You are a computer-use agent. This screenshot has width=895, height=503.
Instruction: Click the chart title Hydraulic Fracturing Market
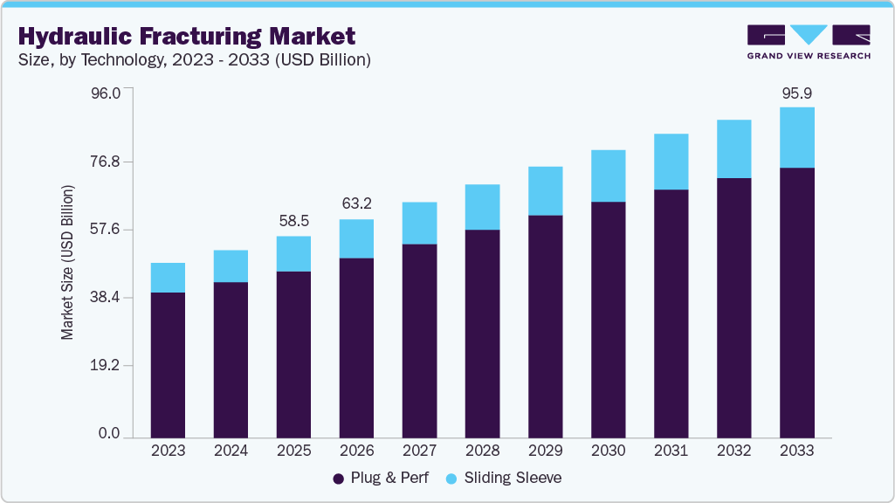click(x=187, y=36)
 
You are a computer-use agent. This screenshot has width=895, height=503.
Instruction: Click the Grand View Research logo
click(x=809, y=42)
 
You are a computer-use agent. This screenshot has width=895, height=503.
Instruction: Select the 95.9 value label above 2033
click(x=796, y=93)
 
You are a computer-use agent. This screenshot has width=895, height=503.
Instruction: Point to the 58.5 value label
click(x=293, y=222)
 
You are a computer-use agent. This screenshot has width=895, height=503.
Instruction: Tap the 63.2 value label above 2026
click(x=356, y=204)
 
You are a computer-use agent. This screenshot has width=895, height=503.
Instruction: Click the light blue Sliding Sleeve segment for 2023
click(x=168, y=278)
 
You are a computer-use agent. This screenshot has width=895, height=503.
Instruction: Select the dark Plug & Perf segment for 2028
click(x=482, y=333)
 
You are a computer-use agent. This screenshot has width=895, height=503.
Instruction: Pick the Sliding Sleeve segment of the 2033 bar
click(x=796, y=137)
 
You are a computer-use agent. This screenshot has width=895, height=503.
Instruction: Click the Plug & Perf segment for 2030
click(x=608, y=319)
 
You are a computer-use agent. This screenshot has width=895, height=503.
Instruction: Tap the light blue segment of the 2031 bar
click(x=671, y=162)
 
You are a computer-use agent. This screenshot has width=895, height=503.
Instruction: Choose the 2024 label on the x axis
click(x=231, y=451)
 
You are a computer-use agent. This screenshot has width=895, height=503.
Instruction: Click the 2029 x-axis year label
click(x=545, y=451)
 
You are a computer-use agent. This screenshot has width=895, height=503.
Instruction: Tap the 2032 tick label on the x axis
click(x=733, y=451)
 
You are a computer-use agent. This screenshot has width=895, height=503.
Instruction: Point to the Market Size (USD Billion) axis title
click(x=67, y=262)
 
